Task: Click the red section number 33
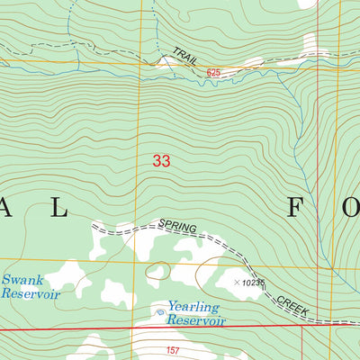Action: coord(161,161)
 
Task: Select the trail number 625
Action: coord(213,71)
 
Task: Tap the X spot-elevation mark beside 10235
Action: coord(237,283)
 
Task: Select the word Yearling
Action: coord(192,307)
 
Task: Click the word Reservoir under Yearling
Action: coord(197,320)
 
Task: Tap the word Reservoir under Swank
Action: coord(30,294)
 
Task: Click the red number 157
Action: coord(175,349)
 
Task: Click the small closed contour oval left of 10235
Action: coord(158,270)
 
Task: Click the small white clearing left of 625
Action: coord(166,62)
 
